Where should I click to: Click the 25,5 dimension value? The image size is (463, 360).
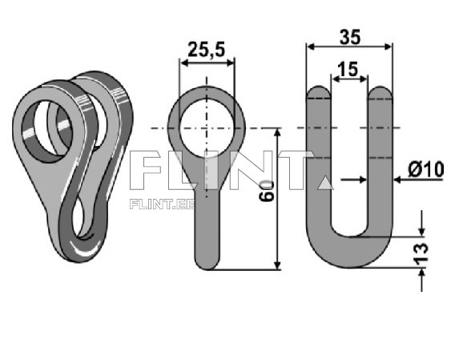[207, 51]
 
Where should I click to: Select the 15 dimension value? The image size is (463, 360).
[349, 70]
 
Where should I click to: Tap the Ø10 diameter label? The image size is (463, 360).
[425, 170]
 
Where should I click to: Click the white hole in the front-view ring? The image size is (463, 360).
[207, 128]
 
